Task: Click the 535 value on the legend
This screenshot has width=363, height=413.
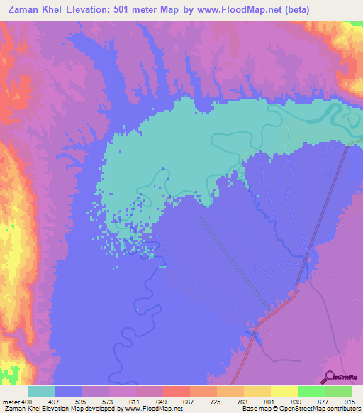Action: pos(82,402)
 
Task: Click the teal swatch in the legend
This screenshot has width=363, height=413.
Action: pos(42,391)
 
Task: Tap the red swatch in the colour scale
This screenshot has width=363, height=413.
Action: pos(177,391)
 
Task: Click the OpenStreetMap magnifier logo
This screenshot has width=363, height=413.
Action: pos(328,377)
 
